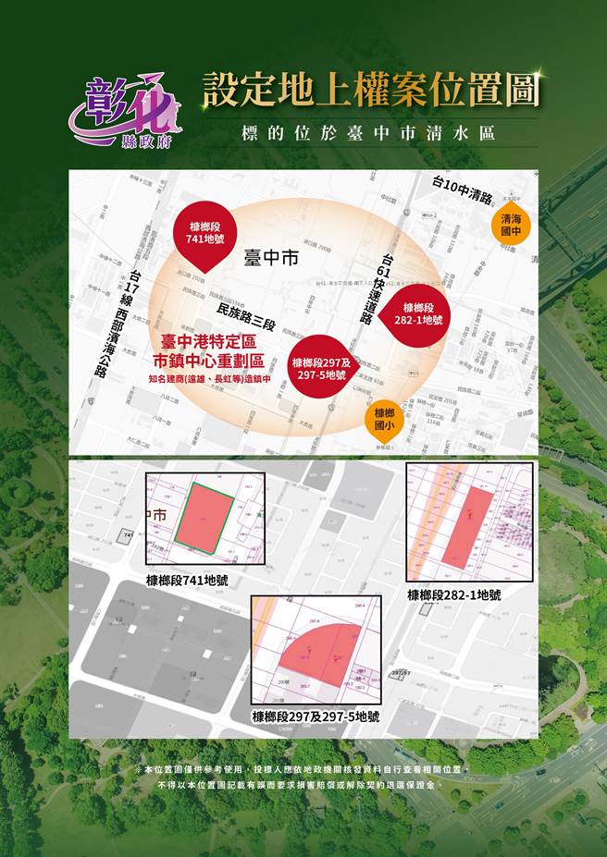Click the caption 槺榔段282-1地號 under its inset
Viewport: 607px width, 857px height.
(455, 595)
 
